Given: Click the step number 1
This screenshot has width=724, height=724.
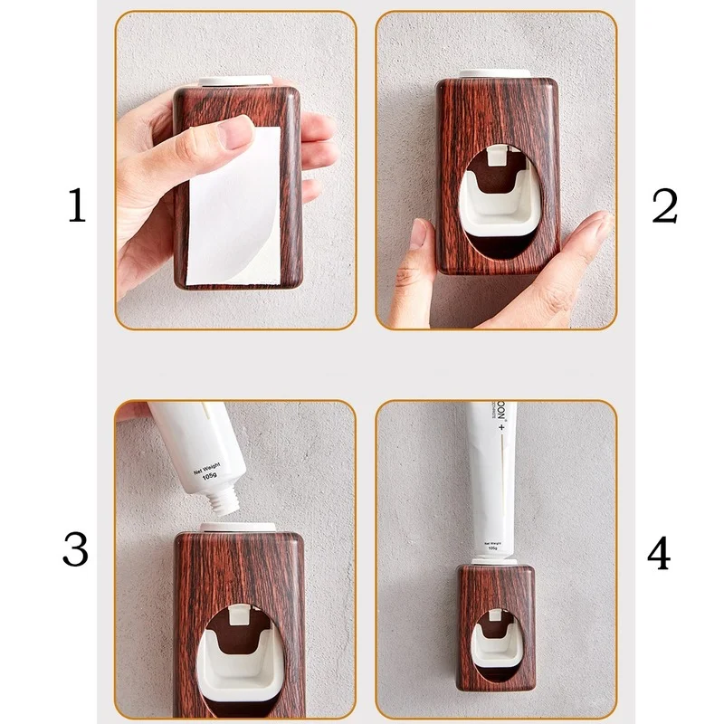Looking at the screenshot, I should tap(77, 206).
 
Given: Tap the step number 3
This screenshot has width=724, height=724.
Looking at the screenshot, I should tap(76, 549).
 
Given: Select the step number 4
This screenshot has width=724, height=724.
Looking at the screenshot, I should tap(658, 552).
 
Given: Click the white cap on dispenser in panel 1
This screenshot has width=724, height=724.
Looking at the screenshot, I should tap(233, 81).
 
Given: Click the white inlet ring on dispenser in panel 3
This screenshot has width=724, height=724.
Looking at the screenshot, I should tap(237, 526).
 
